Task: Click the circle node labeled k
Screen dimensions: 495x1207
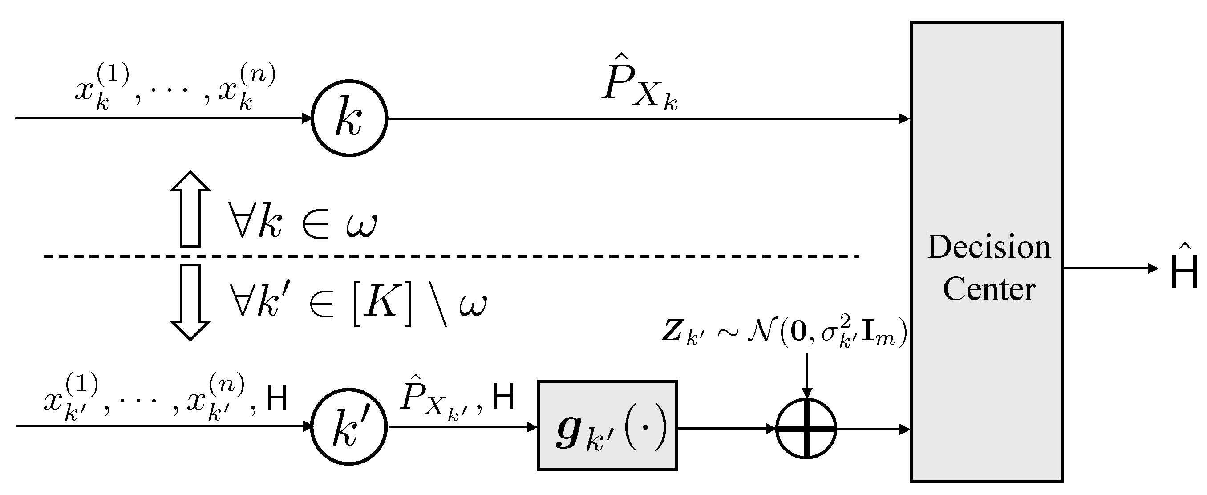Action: (349, 118)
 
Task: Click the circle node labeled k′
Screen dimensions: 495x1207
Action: (349, 426)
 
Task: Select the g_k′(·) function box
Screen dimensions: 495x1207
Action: (607, 426)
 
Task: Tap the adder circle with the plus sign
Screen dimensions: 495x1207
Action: (806, 428)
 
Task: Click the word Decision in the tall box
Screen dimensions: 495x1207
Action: (988, 247)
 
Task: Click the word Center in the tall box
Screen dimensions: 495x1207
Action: (988, 289)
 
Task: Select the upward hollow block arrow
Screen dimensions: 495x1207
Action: (190, 208)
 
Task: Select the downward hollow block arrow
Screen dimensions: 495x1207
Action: (190, 302)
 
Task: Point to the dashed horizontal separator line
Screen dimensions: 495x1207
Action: (450, 256)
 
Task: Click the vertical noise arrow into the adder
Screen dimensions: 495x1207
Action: (806, 375)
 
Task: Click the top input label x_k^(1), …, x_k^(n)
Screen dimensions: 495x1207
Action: (175, 89)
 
